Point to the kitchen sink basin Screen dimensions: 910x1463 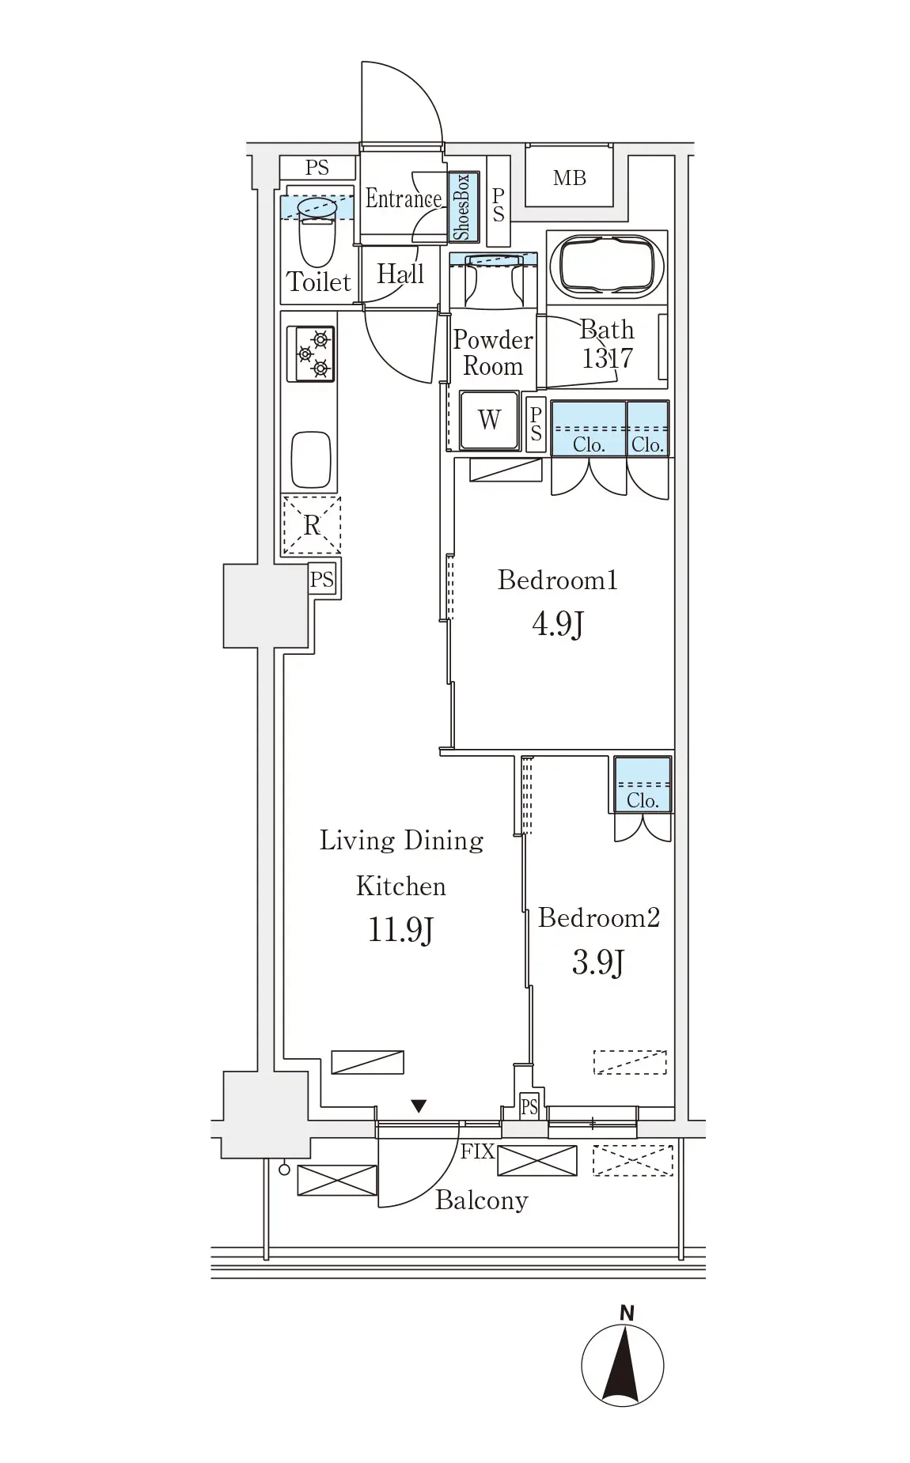click(x=311, y=459)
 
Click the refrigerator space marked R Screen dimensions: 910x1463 click(x=312, y=525)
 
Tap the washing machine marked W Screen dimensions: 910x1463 click(x=490, y=420)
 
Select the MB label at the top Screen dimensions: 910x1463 click(x=570, y=178)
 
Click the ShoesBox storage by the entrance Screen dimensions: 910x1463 click(x=462, y=206)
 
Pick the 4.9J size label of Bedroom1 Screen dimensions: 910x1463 click(x=558, y=625)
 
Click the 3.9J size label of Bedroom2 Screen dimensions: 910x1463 click(x=598, y=963)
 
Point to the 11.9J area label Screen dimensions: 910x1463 click(x=400, y=930)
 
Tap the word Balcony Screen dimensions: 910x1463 click(x=481, y=1200)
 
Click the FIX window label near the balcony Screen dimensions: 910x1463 click(x=477, y=1151)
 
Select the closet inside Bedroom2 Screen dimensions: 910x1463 click(x=643, y=784)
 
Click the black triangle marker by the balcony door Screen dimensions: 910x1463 click(x=419, y=1106)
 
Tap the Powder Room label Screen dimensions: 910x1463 click(x=492, y=353)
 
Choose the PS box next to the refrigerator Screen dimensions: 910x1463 click(x=321, y=580)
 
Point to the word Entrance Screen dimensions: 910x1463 click(x=403, y=198)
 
